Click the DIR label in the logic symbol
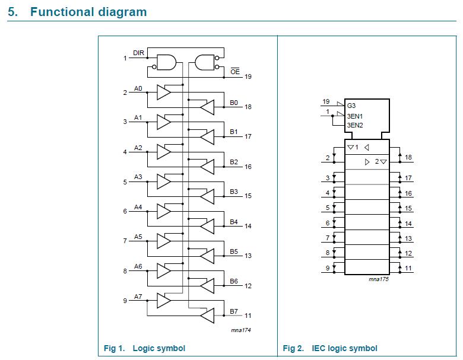tap(138, 53)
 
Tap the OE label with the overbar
tap(235, 71)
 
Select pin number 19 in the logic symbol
tap(248, 77)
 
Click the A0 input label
tap(138, 88)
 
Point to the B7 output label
tap(234, 311)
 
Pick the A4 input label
tap(138, 207)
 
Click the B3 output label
tap(234, 192)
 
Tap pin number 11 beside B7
tap(248, 316)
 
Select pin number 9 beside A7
tap(125, 301)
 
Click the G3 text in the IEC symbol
tap(351, 106)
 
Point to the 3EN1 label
tap(355, 117)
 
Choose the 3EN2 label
tap(355, 125)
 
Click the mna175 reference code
tap(379, 279)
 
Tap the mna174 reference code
tap(240, 330)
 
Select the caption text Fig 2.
tap(293, 348)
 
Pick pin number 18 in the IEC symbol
tap(408, 157)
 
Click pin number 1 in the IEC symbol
tap(327, 111)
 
